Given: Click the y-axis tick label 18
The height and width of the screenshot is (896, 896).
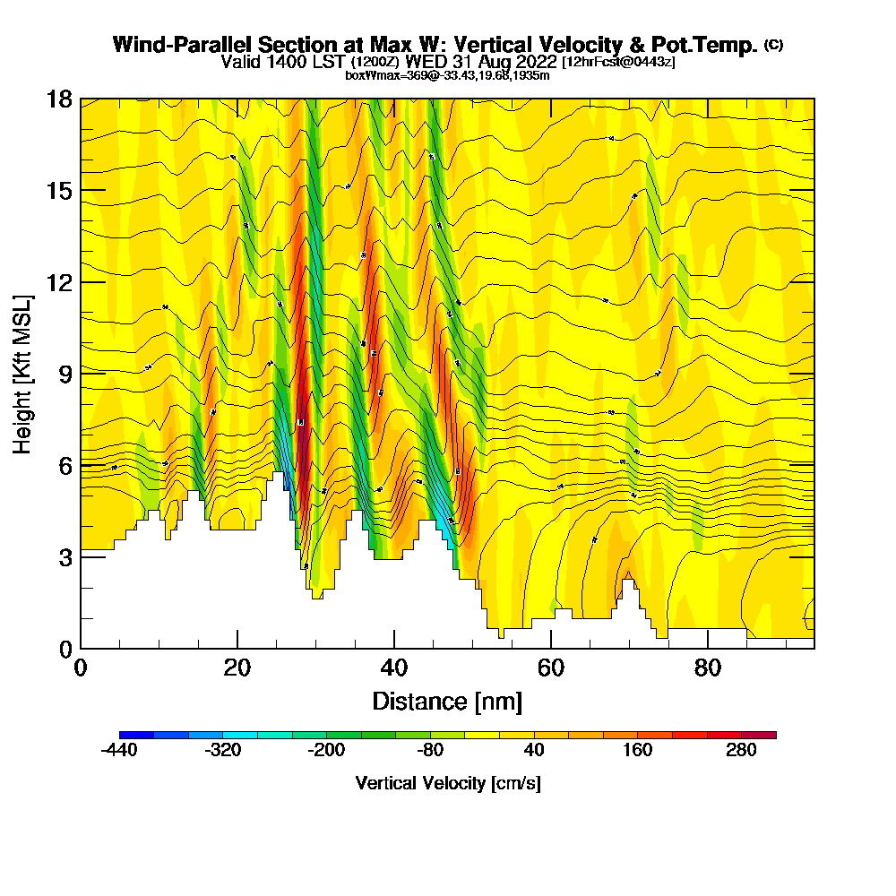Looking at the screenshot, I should pos(59,99).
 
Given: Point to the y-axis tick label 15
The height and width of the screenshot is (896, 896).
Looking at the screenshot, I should pos(59,190).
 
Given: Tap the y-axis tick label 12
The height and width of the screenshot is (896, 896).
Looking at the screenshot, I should pos(59,282).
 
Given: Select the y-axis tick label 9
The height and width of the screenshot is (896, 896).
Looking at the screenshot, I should pos(65,374).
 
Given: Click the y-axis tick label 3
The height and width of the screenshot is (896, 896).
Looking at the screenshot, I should pos(65,557).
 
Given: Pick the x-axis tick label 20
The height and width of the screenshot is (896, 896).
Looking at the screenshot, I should pos(237,668).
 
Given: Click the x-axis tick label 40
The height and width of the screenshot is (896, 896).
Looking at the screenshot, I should pos(394,668).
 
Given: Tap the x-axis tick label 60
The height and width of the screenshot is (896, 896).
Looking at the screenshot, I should pos(551,668).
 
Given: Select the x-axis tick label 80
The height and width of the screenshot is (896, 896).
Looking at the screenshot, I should pos(708,668).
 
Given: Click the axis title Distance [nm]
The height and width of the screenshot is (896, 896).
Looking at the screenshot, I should pos(447,701).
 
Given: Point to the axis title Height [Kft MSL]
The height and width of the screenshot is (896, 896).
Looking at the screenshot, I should pos(23,374).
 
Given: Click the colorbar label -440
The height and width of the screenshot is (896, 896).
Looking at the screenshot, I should pos(119,751).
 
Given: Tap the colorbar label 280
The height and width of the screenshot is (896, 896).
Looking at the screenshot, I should pos(742,751).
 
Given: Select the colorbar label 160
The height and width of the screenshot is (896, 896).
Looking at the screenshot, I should pos(638,751).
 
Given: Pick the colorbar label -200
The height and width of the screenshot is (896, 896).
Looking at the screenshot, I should pos(326,751).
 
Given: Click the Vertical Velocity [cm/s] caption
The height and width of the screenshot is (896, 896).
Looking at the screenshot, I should pos(447,783).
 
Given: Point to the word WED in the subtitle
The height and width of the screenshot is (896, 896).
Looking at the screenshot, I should pos(426,62).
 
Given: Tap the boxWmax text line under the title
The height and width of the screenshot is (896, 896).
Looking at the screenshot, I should pos(447,75).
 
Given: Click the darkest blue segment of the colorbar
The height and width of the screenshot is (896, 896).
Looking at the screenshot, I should pos(136,735).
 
